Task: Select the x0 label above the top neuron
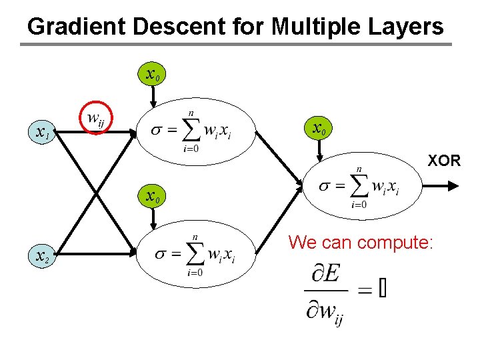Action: coord(152,72)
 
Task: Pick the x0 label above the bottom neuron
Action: coord(152,197)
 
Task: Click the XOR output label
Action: coord(444,161)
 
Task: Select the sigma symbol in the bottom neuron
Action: coord(162,254)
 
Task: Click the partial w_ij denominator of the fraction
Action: coord(326,312)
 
